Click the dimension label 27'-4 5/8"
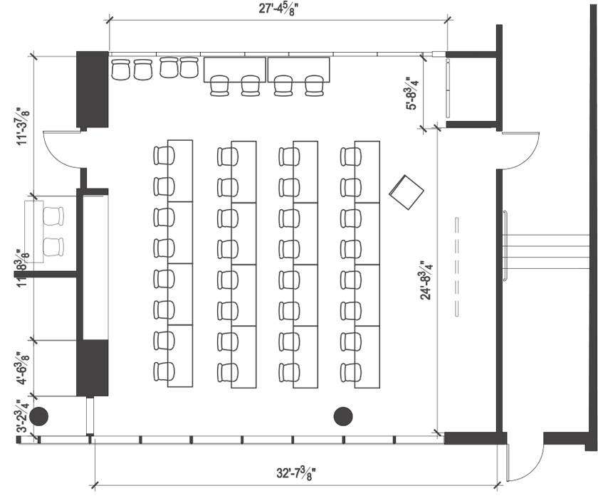tap(278, 9)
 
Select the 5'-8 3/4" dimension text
tap(411, 93)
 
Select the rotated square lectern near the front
tap(406, 192)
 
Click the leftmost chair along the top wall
tap(120, 70)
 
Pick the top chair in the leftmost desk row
tap(164, 156)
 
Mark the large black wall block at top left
tap(92, 90)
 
